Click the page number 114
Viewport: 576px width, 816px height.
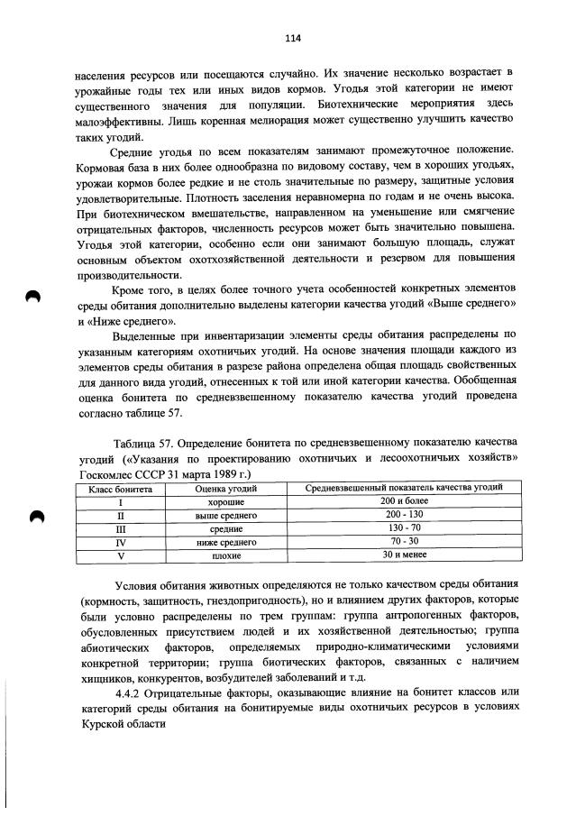pyautogui.click(x=292, y=38)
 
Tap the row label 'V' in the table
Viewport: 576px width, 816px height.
pyautogui.click(x=120, y=557)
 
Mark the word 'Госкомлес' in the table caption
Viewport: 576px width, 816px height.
pyautogui.click(x=105, y=472)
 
